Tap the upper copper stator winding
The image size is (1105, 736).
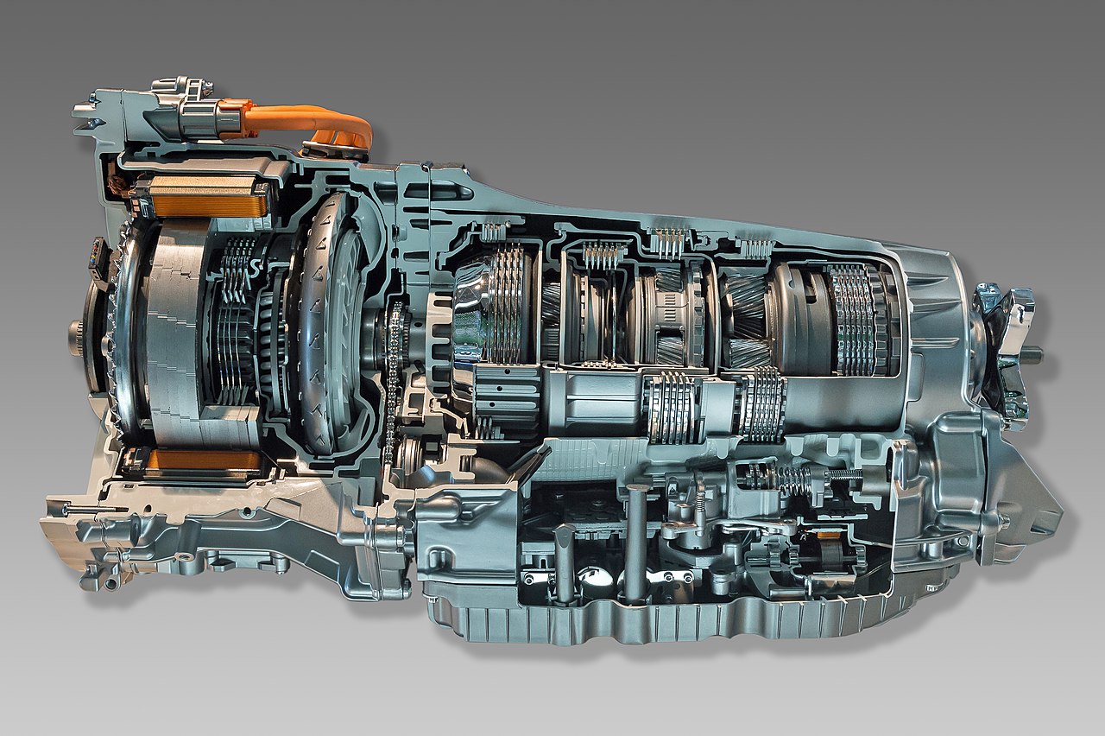coord(204,198)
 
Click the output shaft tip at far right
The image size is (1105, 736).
coord(1032,354)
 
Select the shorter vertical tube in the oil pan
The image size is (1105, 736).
coord(565,562)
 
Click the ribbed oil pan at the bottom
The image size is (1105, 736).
coord(656,618)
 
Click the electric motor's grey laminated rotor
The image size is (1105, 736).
coord(173,328)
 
